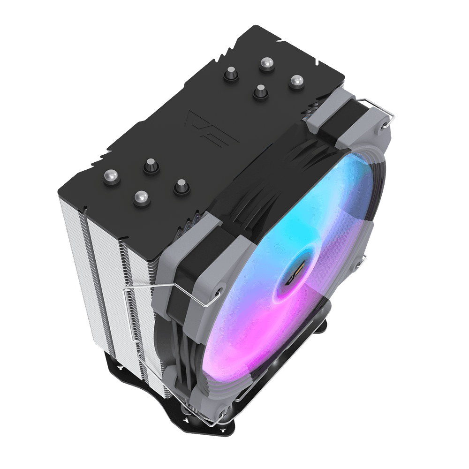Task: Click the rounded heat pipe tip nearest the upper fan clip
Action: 296,82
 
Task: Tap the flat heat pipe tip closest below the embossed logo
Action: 151,165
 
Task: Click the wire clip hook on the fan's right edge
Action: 363,259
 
